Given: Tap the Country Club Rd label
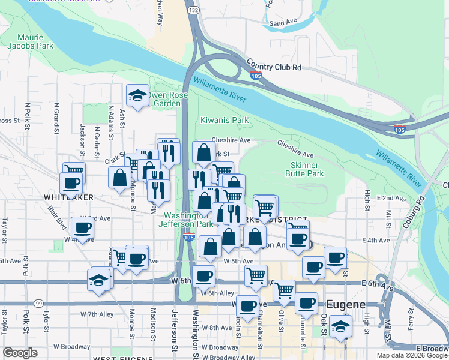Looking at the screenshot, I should pos(273,67).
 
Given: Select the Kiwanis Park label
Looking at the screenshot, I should pos(224,120).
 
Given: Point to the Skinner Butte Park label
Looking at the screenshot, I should pos(307,169).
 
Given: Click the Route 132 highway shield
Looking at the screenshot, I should pos(194,11).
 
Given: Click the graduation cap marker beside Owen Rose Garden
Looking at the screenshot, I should pos(137,95).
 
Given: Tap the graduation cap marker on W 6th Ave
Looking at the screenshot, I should pos(99,279).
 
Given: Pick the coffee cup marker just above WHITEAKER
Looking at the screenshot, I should pos(71,182).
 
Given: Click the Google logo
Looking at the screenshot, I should pos(20,353).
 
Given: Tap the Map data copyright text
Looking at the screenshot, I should pos(411,355).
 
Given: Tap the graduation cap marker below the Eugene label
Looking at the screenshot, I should pos(340,327).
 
